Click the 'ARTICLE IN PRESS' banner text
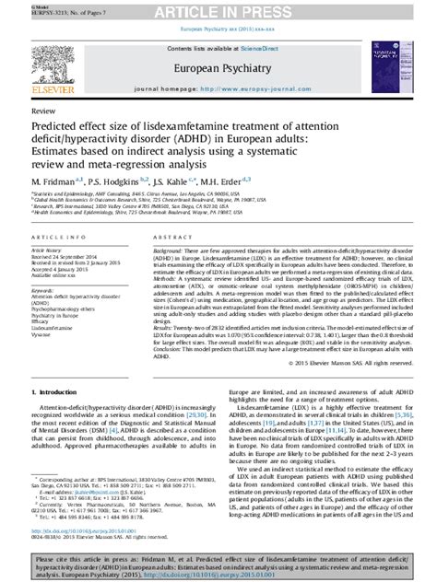[218, 10]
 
